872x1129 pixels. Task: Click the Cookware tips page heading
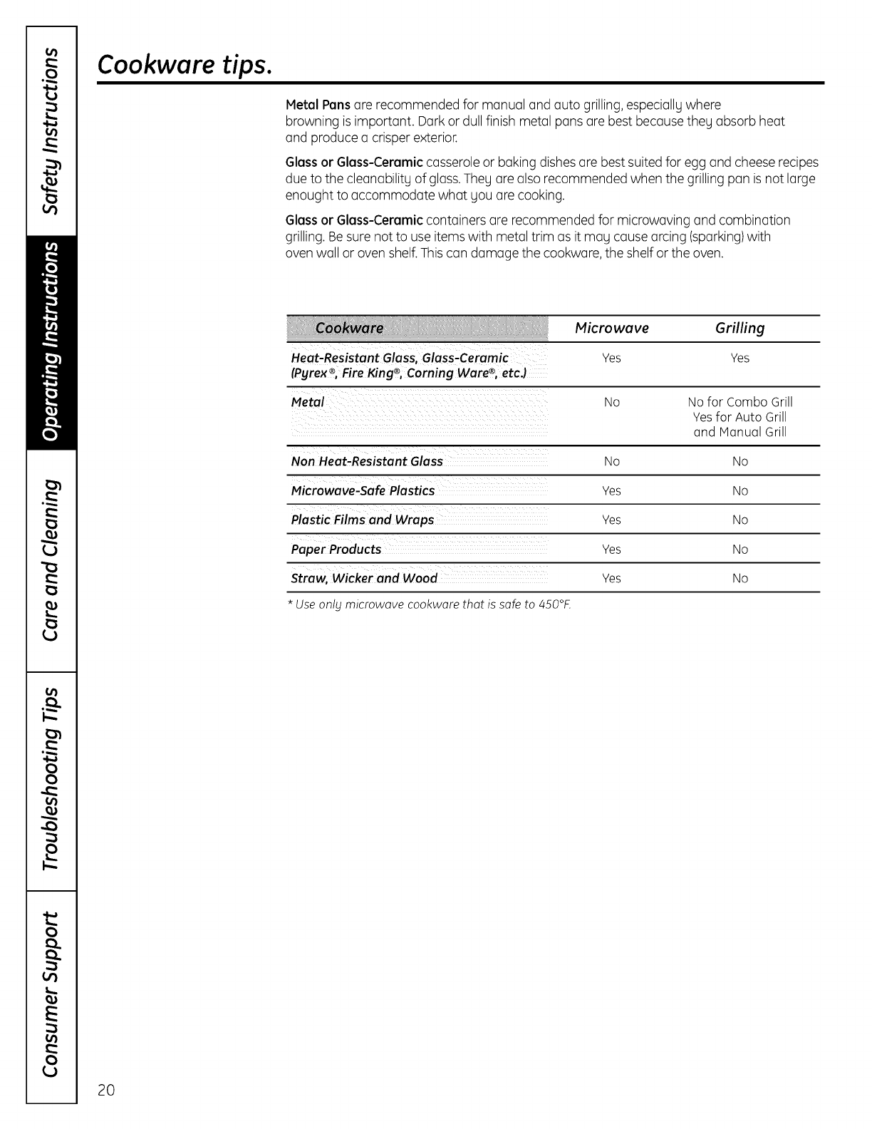(x=184, y=65)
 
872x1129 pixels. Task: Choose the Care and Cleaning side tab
(x=51, y=560)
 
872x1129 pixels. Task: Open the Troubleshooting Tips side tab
(x=51, y=780)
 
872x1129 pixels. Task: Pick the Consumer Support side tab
(x=51, y=994)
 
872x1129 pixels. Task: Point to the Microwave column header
(x=611, y=328)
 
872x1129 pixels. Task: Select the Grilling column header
(x=739, y=328)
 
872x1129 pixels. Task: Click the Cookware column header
(x=349, y=328)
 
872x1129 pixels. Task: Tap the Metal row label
(x=308, y=402)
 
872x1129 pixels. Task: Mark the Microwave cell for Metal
(x=611, y=402)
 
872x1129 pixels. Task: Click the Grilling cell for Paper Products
(x=739, y=550)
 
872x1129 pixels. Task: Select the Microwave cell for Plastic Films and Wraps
(x=611, y=520)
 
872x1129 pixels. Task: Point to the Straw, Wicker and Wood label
(x=364, y=578)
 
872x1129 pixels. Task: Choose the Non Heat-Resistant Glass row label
(x=367, y=461)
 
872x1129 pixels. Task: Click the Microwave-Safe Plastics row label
(x=363, y=490)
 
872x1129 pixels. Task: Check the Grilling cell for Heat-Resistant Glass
(x=739, y=358)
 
